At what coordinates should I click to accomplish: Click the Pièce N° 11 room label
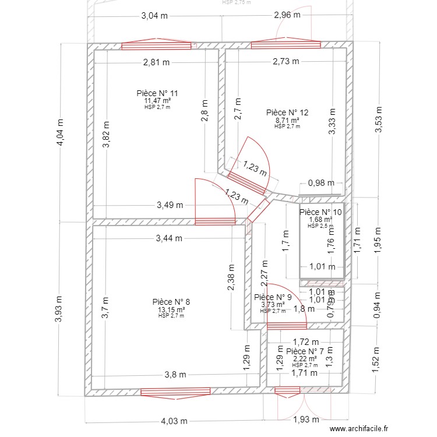pos(157,93)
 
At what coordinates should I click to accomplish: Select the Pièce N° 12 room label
pos(287,112)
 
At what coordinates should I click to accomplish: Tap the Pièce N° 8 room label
pos(171,302)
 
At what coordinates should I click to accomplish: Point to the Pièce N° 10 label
pos(320,212)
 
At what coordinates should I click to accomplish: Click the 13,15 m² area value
pos(171,309)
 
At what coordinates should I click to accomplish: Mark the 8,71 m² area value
pos(287,120)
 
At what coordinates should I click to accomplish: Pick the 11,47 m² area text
pos(157,101)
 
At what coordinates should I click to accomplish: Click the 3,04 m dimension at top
pos(154,16)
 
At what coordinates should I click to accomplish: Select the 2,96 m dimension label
pos(287,15)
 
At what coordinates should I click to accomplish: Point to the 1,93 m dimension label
pos(305,419)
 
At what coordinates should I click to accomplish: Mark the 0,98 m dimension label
pos(321,182)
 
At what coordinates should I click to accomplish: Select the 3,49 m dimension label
pos(170,205)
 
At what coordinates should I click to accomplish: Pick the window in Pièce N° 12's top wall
pos(286,45)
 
